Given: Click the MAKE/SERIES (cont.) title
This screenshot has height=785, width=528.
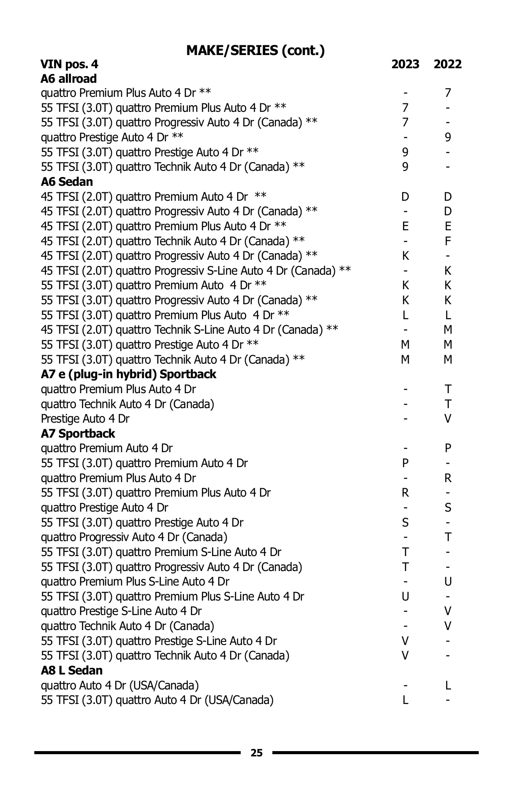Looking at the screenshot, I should coord(256,51).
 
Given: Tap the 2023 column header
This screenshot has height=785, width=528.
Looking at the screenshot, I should coord(405,64).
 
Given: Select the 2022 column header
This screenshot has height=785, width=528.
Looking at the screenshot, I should coord(447,64).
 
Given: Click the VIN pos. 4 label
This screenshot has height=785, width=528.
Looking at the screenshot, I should coord(70,64).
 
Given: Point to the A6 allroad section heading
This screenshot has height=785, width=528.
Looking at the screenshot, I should coord(69,79).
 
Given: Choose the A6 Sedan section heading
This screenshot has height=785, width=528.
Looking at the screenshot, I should coord(67,181).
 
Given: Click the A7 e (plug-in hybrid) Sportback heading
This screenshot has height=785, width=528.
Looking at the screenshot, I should coord(128,374).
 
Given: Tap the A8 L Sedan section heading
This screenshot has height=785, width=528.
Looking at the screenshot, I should coord(72,670).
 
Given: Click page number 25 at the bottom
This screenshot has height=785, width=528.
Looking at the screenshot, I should coord(257,753).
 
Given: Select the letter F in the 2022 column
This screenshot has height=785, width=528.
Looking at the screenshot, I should coord(448,241).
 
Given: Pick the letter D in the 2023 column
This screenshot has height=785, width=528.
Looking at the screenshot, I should coord(405,197).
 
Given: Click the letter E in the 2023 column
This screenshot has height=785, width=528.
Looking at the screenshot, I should coord(405,226).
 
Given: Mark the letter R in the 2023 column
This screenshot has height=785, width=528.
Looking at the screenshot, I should coord(405,492).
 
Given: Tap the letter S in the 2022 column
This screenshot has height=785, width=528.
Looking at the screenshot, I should coord(448,508).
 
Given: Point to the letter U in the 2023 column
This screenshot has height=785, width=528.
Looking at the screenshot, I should coord(405,597).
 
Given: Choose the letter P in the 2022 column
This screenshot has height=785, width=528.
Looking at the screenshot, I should coord(448,448).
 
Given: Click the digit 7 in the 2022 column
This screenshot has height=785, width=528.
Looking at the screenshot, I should coord(448,93).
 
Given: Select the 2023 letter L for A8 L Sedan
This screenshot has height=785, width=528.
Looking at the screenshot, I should coord(405,700).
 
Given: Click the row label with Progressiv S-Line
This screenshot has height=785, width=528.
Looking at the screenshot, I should coord(196,270).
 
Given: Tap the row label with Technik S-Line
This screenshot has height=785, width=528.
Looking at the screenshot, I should coord(190,330).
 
